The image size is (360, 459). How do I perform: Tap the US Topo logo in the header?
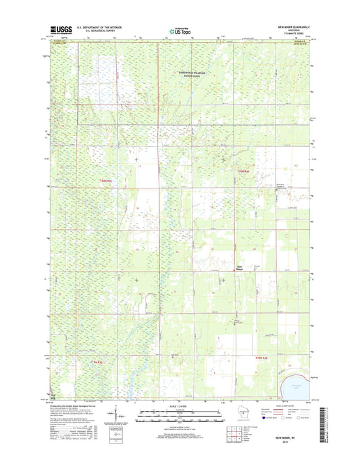180,30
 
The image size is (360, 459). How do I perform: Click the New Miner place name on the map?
240,267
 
